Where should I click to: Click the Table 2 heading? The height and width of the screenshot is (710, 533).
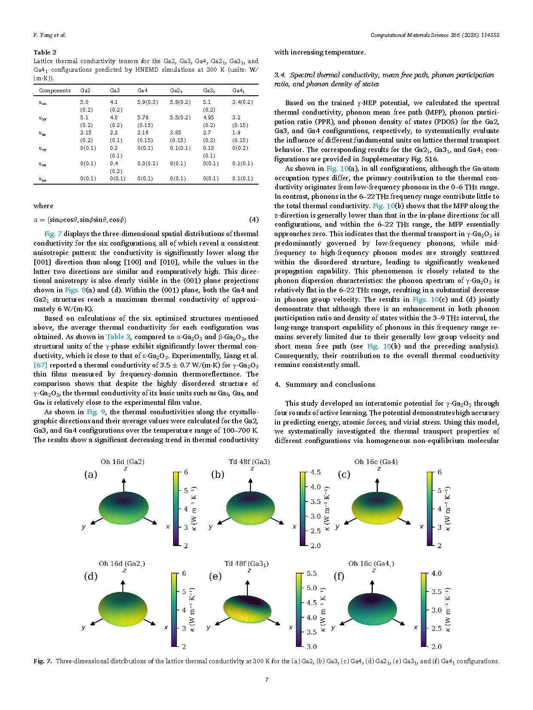pos(45,52)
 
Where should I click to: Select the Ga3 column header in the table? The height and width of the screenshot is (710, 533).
pos(115,91)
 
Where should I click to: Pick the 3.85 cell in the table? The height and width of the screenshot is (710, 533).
pos(175,133)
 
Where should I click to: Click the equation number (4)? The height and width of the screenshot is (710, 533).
pos(254,220)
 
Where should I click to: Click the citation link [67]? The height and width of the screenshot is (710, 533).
pos(40,365)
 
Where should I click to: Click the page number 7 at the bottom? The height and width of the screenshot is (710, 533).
pos(267,680)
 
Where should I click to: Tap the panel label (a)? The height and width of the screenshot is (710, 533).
pos(91,474)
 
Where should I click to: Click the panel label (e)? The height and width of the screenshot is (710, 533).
pos(215,576)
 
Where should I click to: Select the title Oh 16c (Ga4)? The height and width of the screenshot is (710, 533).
pos(376,462)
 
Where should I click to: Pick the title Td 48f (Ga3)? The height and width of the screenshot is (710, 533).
pos(249,462)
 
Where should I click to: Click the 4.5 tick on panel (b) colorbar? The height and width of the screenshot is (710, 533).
pos(315,472)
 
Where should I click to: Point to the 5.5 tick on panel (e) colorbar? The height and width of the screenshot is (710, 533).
pos(312,573)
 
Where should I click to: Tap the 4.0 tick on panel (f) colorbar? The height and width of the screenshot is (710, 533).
pos(436,573)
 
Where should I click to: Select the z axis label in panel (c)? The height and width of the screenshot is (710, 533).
pos(378,468)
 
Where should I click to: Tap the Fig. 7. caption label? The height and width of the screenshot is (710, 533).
pos(43,661)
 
